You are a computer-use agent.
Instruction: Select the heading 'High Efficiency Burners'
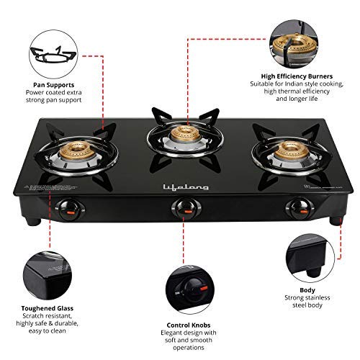click(x=297, y=74)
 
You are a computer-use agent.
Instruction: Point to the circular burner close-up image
click(x=296, y=41)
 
